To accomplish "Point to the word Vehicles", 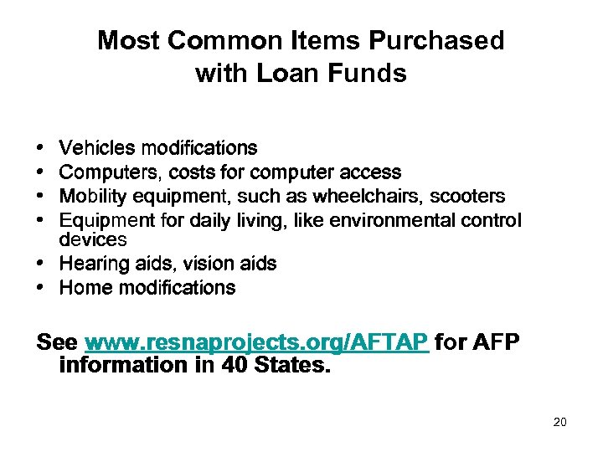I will (97, 148).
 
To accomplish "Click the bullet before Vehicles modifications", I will (42, 149).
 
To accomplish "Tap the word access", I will (374, 172).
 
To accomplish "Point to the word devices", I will (93, 239).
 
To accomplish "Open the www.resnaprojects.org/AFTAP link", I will (257, 343).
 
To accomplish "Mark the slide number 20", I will (559, 422).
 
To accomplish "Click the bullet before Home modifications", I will (42, 289).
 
